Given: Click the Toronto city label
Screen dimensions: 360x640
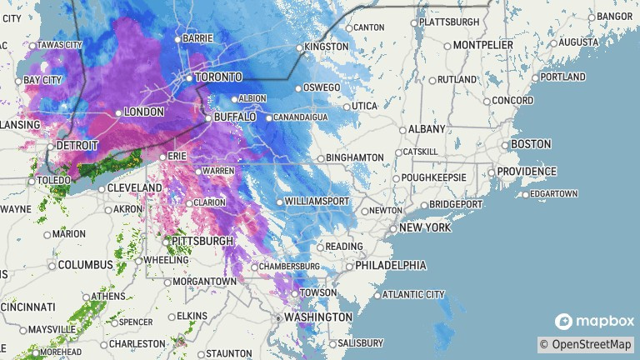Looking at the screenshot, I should click(219, 77).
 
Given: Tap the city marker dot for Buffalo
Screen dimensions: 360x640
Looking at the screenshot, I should click(208, 118).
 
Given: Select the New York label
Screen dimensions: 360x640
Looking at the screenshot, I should click(425, 227).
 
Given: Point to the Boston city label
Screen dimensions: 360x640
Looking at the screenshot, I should click(531, 144).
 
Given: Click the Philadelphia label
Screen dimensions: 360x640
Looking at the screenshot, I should click(390, 266).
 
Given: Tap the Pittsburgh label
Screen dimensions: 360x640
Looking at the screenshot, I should click(202, 241).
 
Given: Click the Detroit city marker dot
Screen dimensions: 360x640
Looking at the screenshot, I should click(51, 146).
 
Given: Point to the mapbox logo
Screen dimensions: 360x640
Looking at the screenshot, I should click(595, 321).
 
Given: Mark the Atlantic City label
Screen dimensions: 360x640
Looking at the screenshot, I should click(412, 294).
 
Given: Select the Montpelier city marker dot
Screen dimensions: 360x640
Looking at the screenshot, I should click(447, 47).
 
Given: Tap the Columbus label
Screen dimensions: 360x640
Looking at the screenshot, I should click(85, 265).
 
